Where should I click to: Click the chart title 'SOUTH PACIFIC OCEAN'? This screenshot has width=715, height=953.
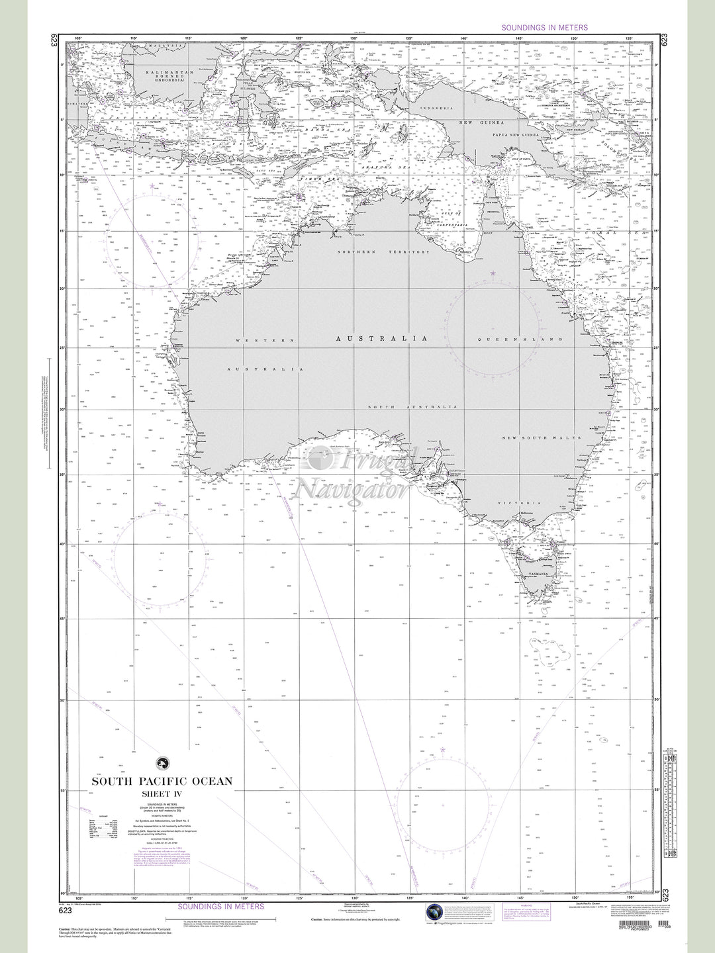click(x=162, y=781)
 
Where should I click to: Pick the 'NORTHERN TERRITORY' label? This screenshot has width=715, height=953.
click(x=383, y=252)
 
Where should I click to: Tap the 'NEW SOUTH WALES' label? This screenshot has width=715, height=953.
click(x=542, y=438)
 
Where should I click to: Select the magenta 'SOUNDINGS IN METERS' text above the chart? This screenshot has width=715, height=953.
click(x=544, y=28)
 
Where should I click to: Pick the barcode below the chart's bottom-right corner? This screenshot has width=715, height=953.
click(x=642, y=923)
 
